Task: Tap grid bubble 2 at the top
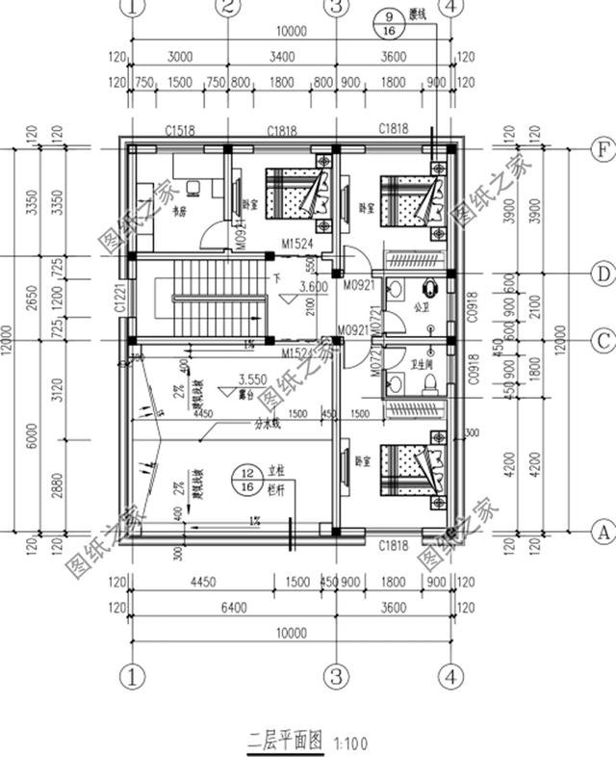(226, 8)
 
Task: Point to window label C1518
(180, 129)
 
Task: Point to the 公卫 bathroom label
(419, 309)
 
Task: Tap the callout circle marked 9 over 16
(390, 22)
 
